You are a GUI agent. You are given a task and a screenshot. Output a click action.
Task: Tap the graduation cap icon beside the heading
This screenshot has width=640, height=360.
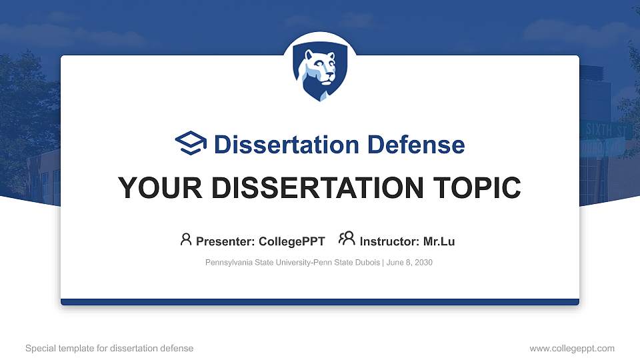pyautogui.click(x=191, y=144)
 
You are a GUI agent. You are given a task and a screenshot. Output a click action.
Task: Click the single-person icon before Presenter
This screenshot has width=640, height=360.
pyautogui.click(x=186, y=239)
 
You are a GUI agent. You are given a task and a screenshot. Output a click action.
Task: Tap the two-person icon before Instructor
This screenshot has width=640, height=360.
pyautogui.click(x=347, y=239)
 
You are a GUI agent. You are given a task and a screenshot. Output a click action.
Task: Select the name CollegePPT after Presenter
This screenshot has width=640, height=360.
pyautogui.click(x=292, y=241)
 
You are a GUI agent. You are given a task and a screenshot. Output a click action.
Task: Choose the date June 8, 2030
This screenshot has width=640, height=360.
pyautogui.click(x=409, y=263)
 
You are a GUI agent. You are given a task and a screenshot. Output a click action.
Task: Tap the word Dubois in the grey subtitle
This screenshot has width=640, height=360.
pyautogui.click(x=366, y=263)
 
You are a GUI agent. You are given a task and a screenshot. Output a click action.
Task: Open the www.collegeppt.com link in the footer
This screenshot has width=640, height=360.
pyautogui.click(x=571, y=348)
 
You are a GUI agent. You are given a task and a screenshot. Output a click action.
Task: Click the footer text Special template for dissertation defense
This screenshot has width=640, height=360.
pyautogui.click(x=109, y=348)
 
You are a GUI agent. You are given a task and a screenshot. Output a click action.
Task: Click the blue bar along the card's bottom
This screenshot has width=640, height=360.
pyautogui.click(x=320, y=302)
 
